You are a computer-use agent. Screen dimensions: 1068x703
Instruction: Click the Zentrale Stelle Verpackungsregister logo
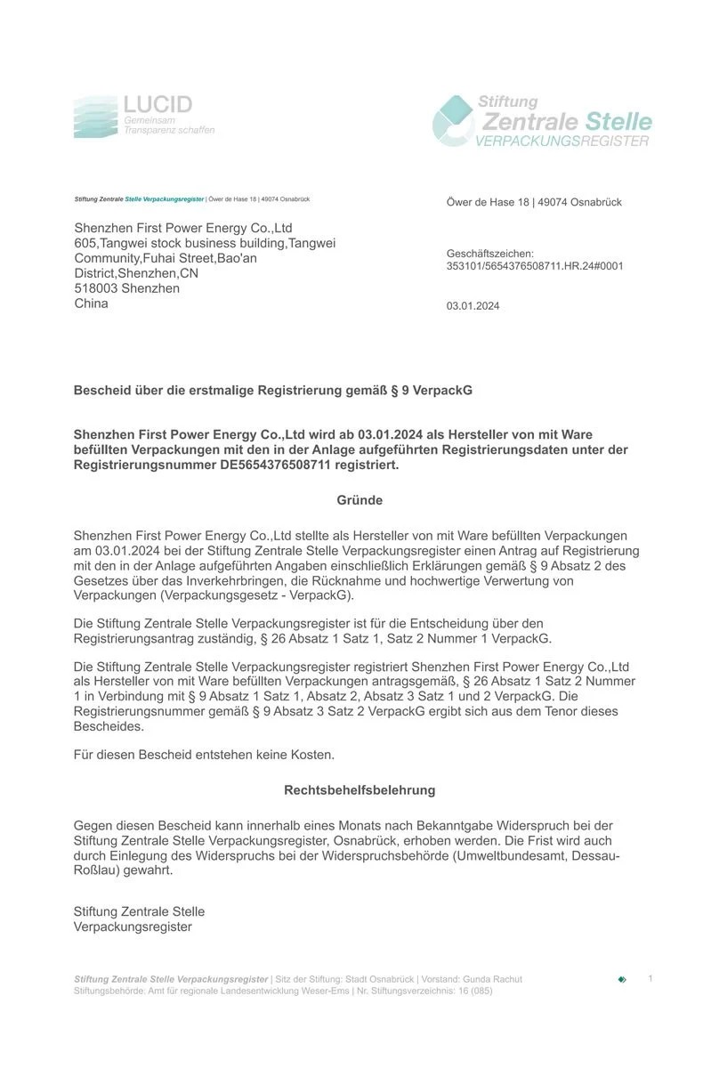coord(542,122)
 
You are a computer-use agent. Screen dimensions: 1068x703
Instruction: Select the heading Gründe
coord(360,500)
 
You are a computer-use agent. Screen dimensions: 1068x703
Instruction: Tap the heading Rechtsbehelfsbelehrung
coord(360,789)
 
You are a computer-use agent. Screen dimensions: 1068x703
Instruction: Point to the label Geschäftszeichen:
coord(490,253)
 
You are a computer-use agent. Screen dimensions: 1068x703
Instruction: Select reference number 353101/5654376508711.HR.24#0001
coord(535,265)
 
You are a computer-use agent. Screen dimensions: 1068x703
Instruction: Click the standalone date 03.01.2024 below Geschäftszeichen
coord(473,306)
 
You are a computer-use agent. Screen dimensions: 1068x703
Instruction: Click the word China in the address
coord(91,303)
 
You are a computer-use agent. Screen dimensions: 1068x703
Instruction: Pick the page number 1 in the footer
coord(650,979)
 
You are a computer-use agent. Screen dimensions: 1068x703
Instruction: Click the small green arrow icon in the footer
coord(622,980)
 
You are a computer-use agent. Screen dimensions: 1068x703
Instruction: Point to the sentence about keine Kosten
coord(204,755)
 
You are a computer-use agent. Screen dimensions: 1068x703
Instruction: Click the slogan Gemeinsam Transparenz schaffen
coord(169,125)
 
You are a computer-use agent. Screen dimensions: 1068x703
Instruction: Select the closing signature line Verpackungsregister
coord(133,926)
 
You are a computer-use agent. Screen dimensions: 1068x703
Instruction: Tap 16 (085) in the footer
coord(468,990)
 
